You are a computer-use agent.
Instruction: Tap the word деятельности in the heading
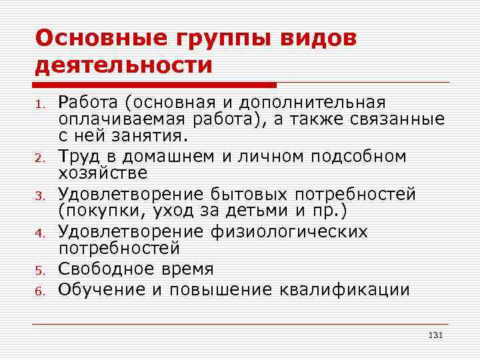tap(123, 65)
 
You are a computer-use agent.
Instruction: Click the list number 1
tap(40, 104)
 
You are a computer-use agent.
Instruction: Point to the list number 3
tap(40, 196)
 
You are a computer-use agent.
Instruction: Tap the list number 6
tap(40, 291)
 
